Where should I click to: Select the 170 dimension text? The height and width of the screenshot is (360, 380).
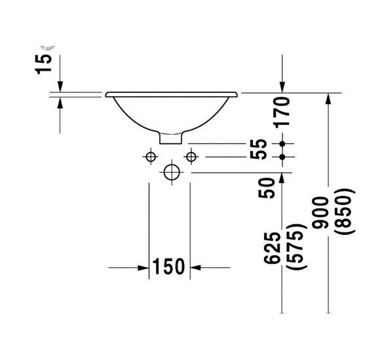point(282,111)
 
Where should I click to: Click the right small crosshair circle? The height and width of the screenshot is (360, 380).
point(191,156)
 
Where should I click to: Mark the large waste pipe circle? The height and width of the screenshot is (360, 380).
point(171,173)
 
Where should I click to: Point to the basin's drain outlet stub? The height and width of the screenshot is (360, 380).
point(172,137)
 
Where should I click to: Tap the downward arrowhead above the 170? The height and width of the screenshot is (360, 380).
point(282,87)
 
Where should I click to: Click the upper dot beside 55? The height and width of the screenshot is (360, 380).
point(282,143)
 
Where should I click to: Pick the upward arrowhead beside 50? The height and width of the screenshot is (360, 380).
point(282,178)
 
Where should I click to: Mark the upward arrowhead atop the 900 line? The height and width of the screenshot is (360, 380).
point(328,99)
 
